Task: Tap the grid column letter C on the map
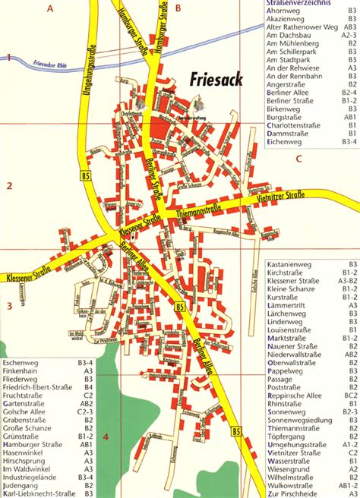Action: click(299, 159)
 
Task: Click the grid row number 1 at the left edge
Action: click(8, 58)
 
